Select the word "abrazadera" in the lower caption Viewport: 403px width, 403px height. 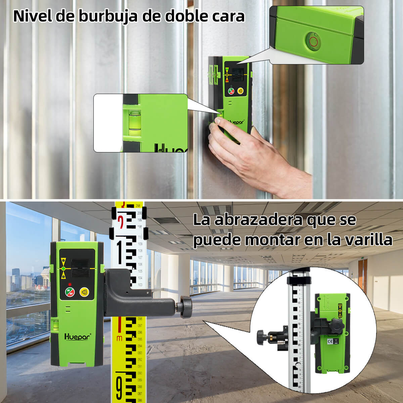click(258, 220)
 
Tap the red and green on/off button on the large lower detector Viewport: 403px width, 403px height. click(70, 293)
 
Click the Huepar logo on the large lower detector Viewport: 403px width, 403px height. click(76, 336)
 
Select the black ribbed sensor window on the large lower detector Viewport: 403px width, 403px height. click(80, 268)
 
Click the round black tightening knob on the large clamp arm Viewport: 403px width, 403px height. click(186, 306)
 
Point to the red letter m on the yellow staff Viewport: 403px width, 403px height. click(119, 337)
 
